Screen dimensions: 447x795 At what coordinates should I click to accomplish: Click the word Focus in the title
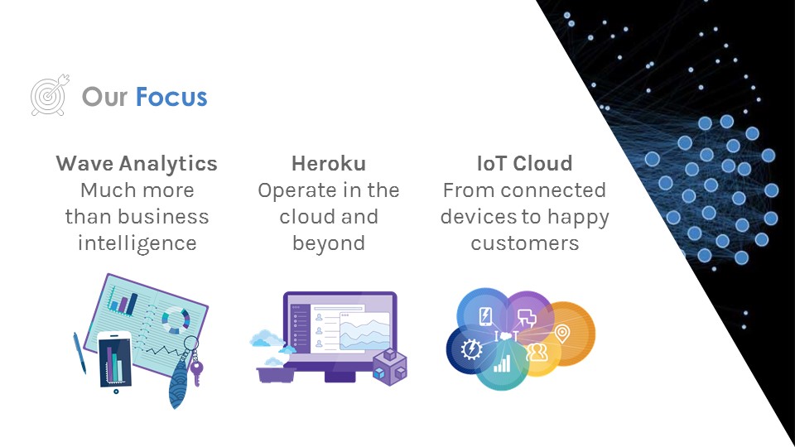pyautogui.click(x=171, y=97)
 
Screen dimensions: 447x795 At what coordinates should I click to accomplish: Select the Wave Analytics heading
pyautogui.click(x=137, y=163)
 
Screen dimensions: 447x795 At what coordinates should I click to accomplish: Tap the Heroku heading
pyautogui.click(x=329, y=163)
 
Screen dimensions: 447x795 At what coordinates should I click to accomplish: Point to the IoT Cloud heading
pyautogui.click(x=524, y=163)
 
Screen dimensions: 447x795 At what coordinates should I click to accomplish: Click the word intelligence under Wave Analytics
pyautogui.click(x=137, y=243)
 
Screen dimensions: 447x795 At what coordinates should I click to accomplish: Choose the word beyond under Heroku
pyautogui.click(x=329, y=243)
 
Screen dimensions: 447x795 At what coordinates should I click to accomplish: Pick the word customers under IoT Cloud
pyautogui.click(x=524, y=243)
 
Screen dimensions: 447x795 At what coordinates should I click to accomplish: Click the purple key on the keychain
pyautogui.click(x=196, y=372)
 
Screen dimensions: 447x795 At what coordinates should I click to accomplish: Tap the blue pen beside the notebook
pyautogui.click(x=79, y=352)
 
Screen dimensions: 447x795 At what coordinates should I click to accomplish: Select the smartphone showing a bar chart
pyautogui.click(x=115, y=361)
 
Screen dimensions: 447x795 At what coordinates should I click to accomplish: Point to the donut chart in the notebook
pyautogui.click(x=175, y=319)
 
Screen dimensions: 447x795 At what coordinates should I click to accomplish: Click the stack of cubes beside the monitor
pyautogui.click(x=388, y=365)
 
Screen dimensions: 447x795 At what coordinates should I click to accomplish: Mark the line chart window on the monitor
pyautogui.click(x=364, y=332)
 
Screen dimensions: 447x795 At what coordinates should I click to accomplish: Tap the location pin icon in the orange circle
pyautogui.click(x=562, y=334)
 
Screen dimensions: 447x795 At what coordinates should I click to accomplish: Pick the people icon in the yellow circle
pyautogui.click(x=537, y=352)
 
